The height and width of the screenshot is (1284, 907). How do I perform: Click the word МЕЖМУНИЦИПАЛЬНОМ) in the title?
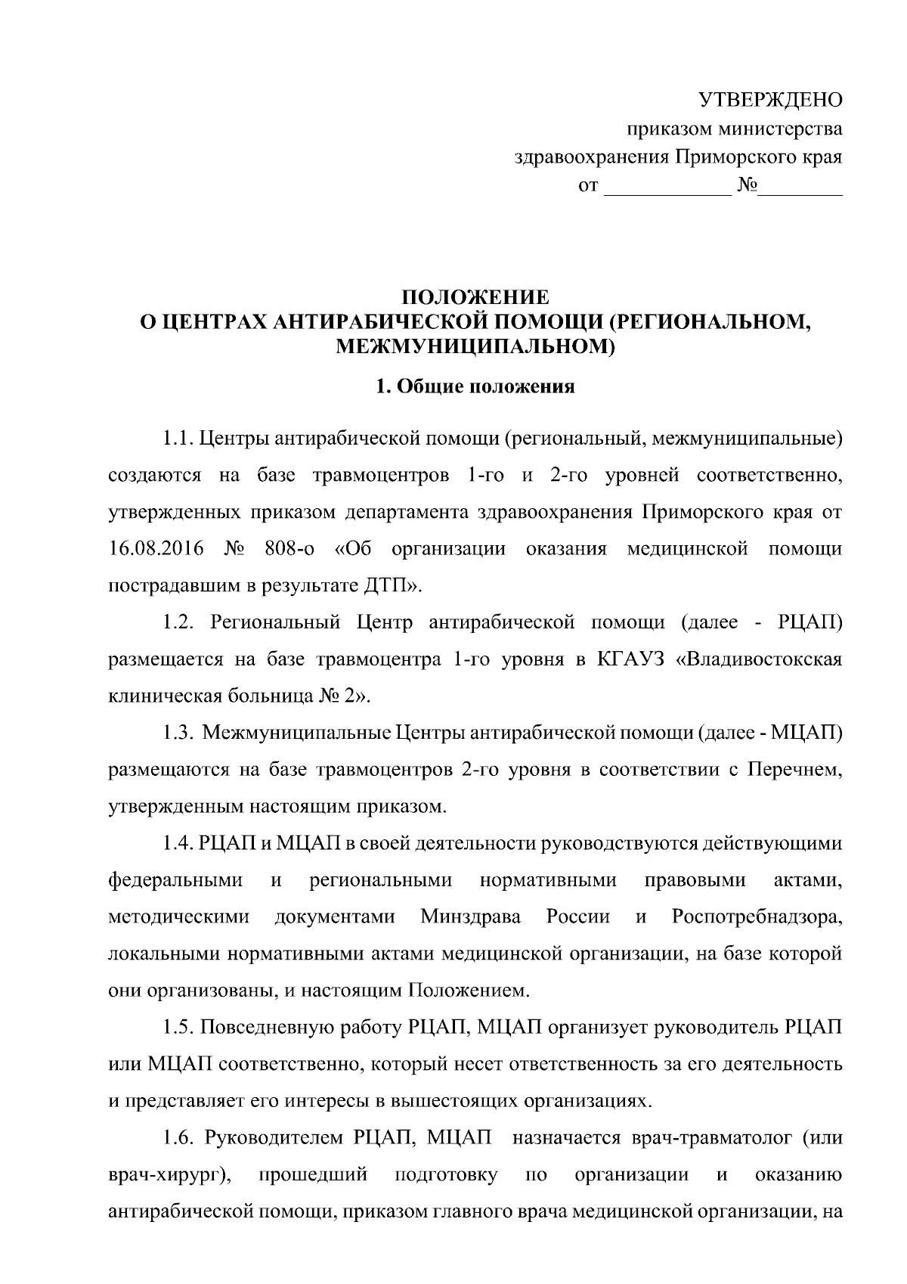(x=475, y=346)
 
